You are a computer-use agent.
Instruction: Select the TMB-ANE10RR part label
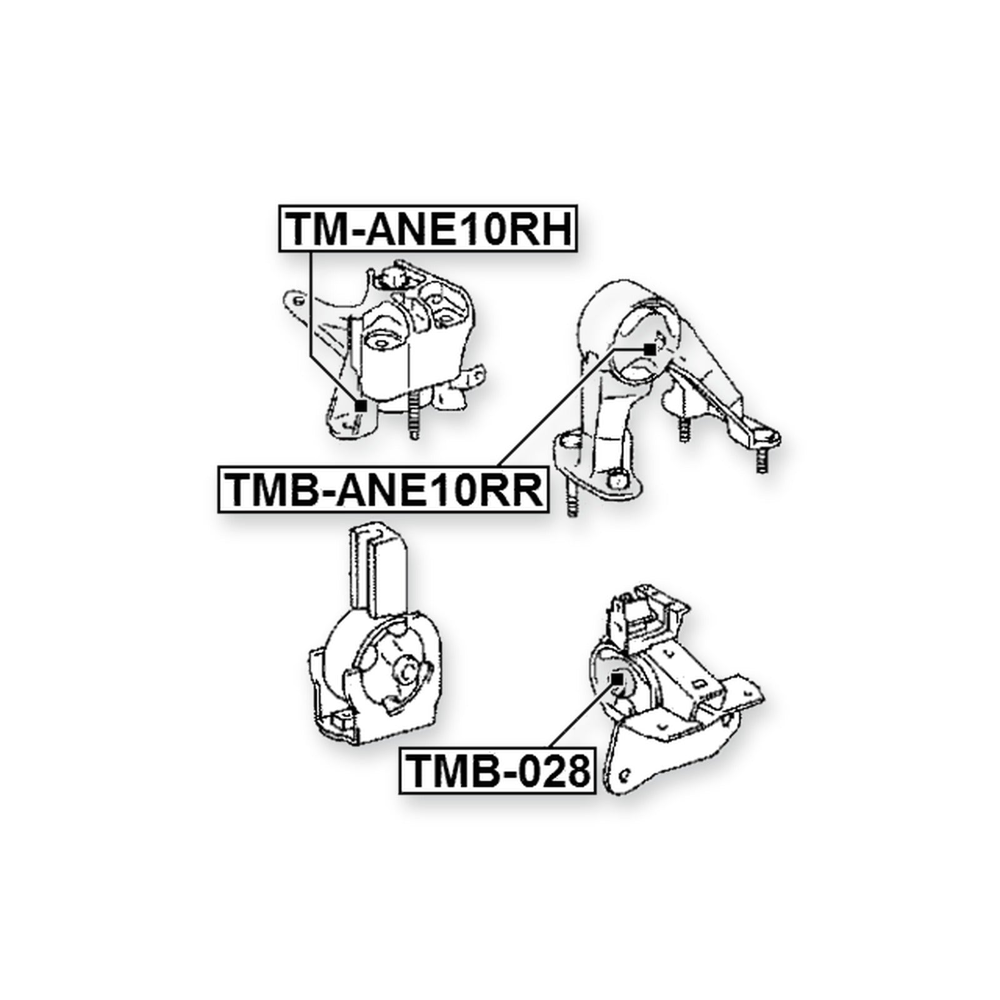point(383,489)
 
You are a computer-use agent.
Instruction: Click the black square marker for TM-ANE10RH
point(360,406)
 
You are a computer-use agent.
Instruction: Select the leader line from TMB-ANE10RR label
point(571,407)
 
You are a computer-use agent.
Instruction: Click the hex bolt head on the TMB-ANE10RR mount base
point(616,478)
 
